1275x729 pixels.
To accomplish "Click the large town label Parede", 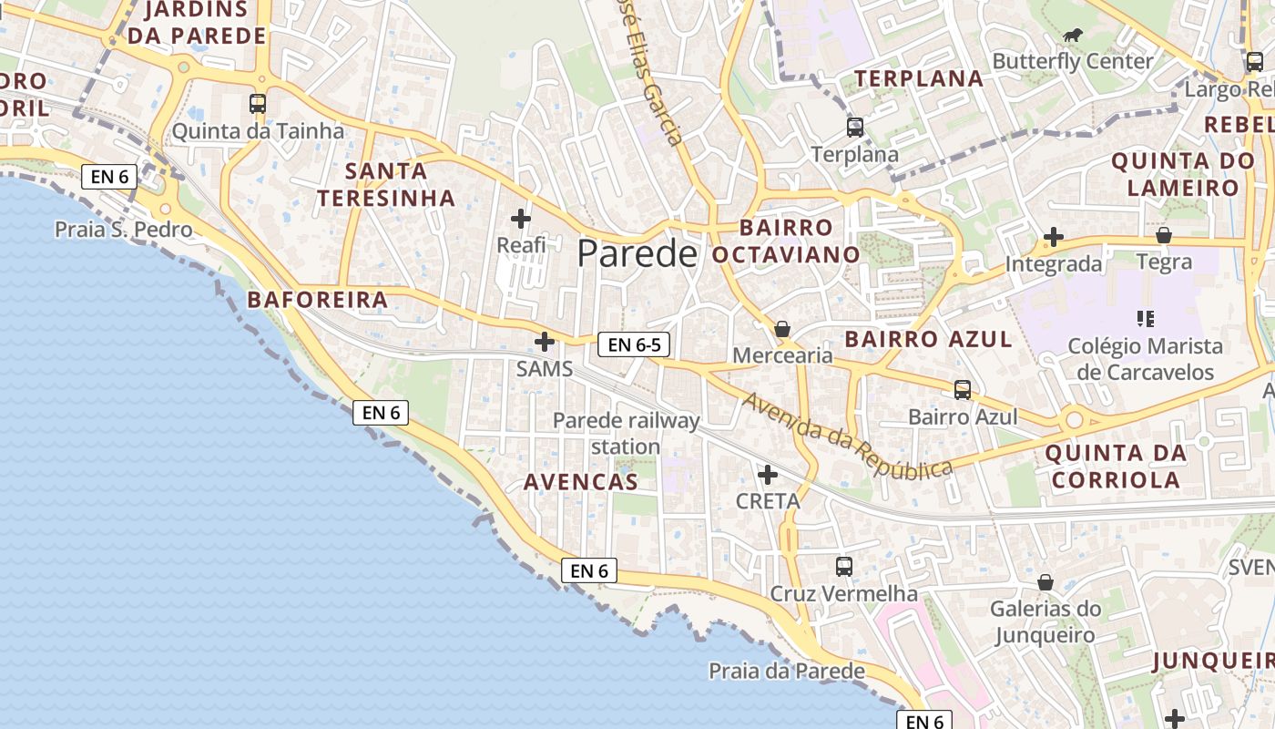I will [637, 253].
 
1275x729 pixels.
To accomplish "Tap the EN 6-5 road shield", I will [634, 344].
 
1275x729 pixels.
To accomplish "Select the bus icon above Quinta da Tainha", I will [258, 104].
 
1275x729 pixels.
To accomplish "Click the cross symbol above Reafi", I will [521, 219].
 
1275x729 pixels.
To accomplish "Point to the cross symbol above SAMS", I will [545, 342].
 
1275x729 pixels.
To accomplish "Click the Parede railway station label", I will [626, 433].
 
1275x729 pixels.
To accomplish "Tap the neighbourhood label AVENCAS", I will [581, 482].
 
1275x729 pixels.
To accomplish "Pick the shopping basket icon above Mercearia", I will [781, 329].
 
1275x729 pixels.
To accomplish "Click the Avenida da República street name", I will [847, 435].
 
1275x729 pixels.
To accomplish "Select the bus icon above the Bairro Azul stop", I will [963, 390].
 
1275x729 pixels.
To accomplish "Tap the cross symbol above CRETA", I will [768, 475].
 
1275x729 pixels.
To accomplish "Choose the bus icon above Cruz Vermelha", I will [844, 567].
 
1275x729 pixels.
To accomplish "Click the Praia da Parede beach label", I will [787, 672].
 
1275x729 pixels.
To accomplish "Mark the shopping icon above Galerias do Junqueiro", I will [1045, 581].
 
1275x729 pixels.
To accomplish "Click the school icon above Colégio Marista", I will [1146, 319].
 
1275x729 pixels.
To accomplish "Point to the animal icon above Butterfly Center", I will [1073, 35].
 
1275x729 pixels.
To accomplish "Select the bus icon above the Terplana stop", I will [854, 128].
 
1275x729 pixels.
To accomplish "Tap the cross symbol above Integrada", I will [1054, 238].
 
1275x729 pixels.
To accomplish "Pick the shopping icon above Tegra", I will [1163, 236].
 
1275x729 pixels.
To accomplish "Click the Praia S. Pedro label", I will [124, 229].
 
